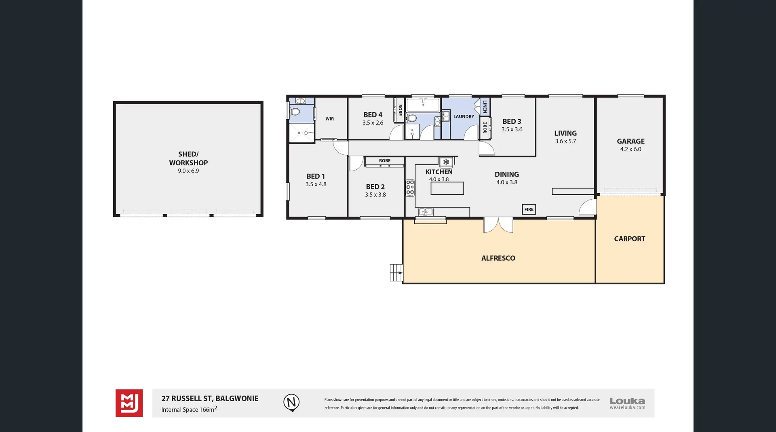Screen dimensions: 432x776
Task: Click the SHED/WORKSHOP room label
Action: click(x=188, y=158)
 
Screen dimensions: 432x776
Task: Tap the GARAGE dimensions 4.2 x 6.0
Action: click(x=630, y=149)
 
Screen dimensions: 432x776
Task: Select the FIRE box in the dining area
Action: click(x=529, y=209)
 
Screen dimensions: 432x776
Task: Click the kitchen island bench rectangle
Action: click(x=447, y=188)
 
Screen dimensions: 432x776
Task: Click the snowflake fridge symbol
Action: click(x=446, y=162)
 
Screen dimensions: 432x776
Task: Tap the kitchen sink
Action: click(x=426, y=212)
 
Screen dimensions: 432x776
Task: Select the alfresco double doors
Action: click(x=498, y=225)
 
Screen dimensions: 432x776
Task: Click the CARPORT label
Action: click(x=629, y=239)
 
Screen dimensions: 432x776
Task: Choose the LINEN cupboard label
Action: click(x=485, y=107)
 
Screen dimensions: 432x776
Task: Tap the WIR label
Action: click(x=330, y=119)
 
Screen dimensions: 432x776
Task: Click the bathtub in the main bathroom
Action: click(x=423, y=105)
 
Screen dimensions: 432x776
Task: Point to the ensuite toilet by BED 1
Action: click(x=295, y=112)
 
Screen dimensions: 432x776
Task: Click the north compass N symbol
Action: click(x=291, y=402)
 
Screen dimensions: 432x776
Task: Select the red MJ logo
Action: click(x=129, y=403)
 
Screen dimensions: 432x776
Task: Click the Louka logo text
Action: click(x=627, y=401)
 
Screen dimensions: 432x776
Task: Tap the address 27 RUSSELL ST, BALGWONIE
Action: click(x=210, y=398)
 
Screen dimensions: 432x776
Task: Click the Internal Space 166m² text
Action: click(x=189, y=409)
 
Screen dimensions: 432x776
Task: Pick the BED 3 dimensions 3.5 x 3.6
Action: click(x=512, y=129)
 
